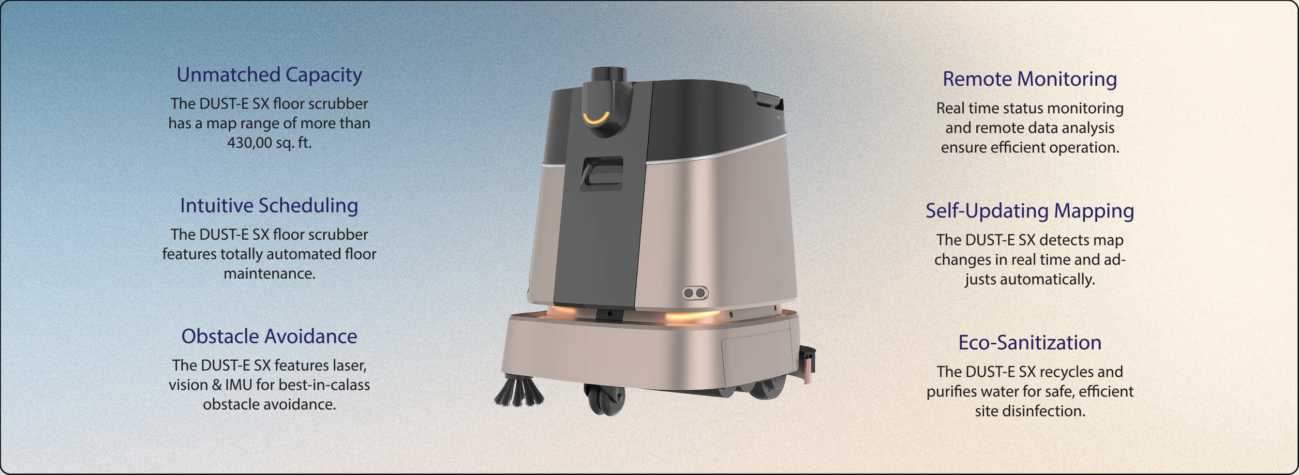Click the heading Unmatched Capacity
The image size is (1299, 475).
(269, 75)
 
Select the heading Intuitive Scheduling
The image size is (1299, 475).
(269, 206)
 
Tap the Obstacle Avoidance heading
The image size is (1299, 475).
(269, 336)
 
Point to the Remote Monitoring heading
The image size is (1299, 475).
(1030, 79)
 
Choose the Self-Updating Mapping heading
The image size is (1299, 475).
(1030, 211)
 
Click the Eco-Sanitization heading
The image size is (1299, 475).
(1030, 343)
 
